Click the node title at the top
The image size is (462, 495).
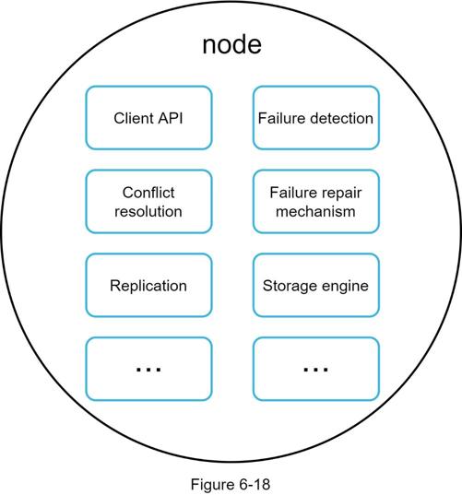[231, 44]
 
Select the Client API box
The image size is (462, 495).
[148, 117]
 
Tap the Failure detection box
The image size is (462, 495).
[316, 117]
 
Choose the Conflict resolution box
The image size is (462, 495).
[148, 201]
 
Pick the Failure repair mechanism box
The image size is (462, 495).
[316, 201]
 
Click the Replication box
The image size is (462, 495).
[148, 285]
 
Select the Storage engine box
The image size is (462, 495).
[316, 285]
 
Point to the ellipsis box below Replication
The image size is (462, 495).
[148, 369]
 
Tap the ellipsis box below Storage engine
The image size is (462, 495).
[316, 369]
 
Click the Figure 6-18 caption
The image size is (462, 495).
[231, 485]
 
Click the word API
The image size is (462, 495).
[171, 118]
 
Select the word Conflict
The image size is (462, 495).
[148, 193]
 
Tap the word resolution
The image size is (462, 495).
[148, 211]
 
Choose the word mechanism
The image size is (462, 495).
[315, 211]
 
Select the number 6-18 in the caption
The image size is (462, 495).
[255, 484]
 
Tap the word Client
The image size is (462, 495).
[134, 118]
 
